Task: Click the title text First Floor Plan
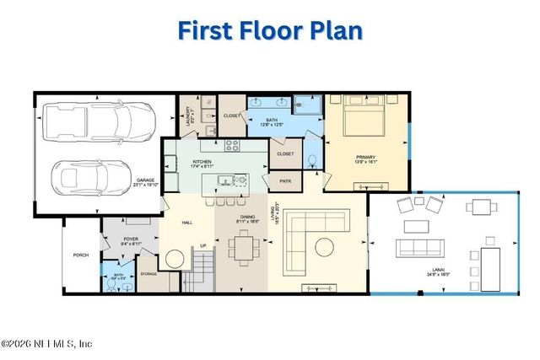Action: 270,31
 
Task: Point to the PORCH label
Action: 81,255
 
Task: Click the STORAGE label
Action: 148,274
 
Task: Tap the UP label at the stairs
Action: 202,246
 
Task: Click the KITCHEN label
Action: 201,162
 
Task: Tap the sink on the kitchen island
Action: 225,180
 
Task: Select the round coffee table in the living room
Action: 324,247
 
